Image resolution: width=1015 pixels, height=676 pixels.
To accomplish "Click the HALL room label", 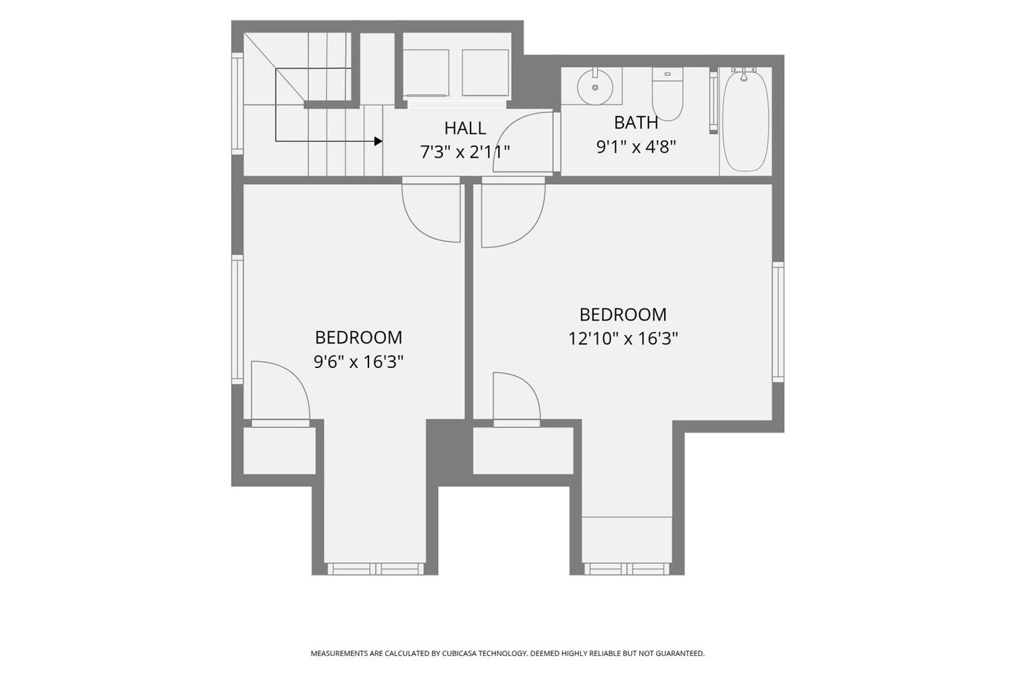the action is pyautogui.click(x=465, y=128).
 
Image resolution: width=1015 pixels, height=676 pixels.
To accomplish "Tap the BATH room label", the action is pyautogui.click(x=636, y=123).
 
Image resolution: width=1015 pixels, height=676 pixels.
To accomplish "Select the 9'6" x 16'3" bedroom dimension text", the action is pyautogui.click(x=358, y=362).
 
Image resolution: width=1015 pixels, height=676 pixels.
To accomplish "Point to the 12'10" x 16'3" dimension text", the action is pyautogui.click(x=623, y=338).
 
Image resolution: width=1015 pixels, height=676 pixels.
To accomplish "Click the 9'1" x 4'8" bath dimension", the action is pyautogui.click(x=636, y=146).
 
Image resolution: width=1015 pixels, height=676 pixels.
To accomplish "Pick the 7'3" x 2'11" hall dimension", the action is pyautogui.click(x=465, y=152).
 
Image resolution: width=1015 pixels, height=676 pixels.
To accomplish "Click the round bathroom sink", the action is pyautogui.click(x=595, y=87).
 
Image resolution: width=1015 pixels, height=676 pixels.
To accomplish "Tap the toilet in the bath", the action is pyautogui.click(x=667, y=94).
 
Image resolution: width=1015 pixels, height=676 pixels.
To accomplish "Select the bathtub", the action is pyautogui.click(x=746, y=120).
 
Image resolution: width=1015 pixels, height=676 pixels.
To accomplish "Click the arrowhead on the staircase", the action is pyautogui.click(x=378, y=141).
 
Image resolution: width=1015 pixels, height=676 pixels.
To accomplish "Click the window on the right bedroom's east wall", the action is pyautogui.click(x=778, y=322).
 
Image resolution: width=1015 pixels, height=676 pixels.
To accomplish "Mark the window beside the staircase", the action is pyautogui.click(x=237, y=104).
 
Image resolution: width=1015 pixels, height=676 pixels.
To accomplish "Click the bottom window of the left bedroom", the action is pyautogui.click(x=375, y=569).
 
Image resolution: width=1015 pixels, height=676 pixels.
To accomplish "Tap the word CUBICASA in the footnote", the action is pyautogui.click(x=458, y=653).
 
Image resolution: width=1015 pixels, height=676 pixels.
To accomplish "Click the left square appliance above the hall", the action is pyautogui.click(x=426, y=73).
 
